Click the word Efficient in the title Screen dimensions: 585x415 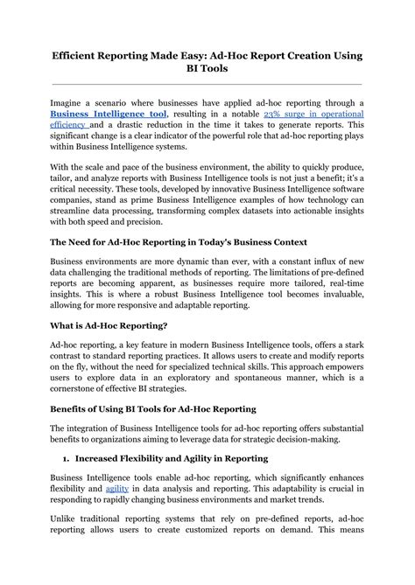point(81,55)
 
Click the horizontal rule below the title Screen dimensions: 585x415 point(207,86)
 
